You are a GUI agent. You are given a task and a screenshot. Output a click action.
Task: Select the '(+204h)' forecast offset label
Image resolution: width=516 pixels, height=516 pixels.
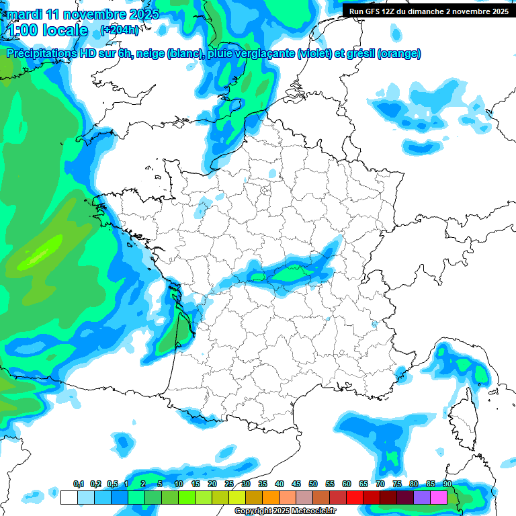[119, 30]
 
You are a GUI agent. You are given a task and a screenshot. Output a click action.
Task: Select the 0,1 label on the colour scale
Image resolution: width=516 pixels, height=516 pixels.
[78, 484]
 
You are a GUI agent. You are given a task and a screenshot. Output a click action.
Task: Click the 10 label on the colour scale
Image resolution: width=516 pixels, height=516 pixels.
[179, 484]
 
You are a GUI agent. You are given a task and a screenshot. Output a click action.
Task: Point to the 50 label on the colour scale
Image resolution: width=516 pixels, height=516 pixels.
[313, 484]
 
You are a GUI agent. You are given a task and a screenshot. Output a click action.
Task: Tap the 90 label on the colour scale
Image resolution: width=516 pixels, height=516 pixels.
[447, 484]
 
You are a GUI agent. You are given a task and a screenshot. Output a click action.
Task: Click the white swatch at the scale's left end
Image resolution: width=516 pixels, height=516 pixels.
[69, 497]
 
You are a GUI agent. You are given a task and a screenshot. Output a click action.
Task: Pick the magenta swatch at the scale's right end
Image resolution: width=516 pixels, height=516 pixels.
[439, 497]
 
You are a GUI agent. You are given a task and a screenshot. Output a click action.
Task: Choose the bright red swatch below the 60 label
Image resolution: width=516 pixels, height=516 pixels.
[355, 497]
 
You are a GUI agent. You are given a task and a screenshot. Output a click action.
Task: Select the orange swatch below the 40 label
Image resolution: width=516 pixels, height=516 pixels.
[271, 497]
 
